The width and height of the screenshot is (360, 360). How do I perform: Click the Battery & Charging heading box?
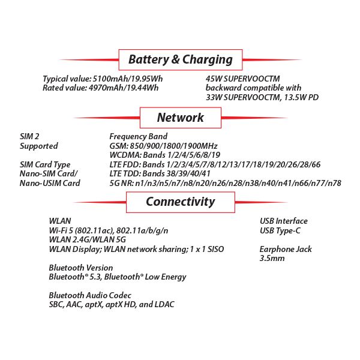coord(181,59)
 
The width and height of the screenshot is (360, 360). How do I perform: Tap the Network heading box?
coord(181,118)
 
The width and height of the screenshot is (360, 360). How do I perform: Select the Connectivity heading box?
coord(180,202)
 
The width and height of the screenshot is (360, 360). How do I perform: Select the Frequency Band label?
coord(138,136)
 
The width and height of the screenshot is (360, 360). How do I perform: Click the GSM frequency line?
coord(163,146)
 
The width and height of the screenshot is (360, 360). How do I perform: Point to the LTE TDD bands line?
coord(160,173)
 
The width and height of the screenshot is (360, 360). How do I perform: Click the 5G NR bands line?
coord(225,183)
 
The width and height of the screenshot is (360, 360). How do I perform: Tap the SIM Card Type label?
coord(45,164)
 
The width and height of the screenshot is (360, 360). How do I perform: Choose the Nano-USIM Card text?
coord(50,183)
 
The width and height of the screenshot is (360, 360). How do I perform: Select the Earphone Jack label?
coord(286,249)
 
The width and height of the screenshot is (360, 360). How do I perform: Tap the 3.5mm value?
coord(272,258)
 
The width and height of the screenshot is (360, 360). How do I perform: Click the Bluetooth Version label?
coord(80,268)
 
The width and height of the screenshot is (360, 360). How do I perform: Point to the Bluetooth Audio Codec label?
coord(89,295)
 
